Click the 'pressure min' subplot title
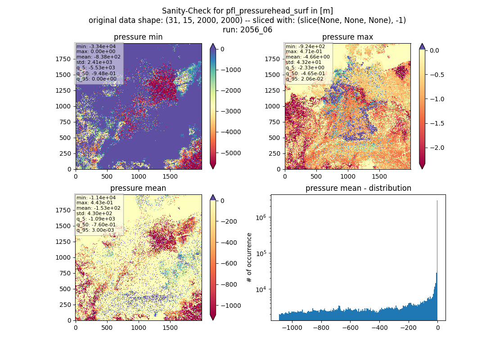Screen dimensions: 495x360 coord(138,37)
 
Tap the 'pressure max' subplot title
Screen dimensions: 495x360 coord(347,37)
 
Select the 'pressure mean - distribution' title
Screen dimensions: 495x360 coord(358,188)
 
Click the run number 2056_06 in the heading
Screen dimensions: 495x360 coord(256,30)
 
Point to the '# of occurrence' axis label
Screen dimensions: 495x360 coord(249,258)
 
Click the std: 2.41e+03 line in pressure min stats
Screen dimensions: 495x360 coord(94,62)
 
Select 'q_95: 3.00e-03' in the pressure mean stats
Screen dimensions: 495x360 coord(95,230)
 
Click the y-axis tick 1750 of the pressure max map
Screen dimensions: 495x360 coord(272,59)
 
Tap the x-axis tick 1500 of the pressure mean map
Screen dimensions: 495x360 coord(170,328)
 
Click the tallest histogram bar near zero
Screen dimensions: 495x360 coord(437,260)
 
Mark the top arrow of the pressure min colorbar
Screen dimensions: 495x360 coord(213,46)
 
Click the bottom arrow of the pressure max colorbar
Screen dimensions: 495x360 coord(422,166)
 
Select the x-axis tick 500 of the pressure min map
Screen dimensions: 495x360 coord(107,176)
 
